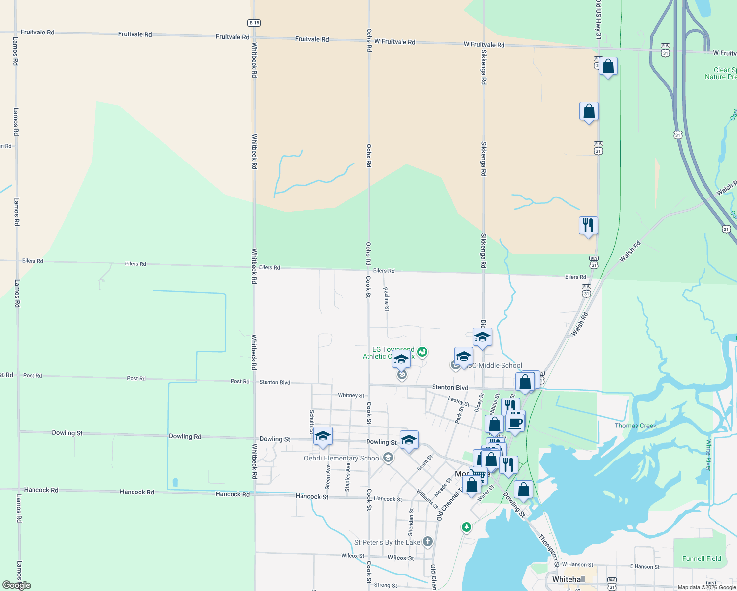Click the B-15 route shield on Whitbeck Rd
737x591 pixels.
click(254, 23)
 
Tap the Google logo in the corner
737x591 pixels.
click(16, 585)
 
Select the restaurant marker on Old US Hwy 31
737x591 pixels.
click(588, 226)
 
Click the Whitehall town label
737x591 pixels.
click(569, 579)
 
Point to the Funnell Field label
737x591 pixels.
click(702, 558)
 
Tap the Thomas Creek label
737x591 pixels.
click(636, 426)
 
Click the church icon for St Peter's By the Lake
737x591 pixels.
click(427, 542)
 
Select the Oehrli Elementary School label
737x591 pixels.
click(342, 458)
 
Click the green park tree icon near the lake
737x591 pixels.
click(466, 527)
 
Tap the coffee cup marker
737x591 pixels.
click(515, 423)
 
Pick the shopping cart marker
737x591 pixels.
click(478, 474)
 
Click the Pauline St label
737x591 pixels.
click(387, 299)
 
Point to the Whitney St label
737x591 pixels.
click(351, 395)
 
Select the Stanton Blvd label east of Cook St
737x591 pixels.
click(450, 387)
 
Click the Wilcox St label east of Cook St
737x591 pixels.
click(401, 558)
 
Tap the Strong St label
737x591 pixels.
click(385, 585)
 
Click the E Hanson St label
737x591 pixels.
click(644, 567)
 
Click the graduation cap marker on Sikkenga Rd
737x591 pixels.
click(482, 337)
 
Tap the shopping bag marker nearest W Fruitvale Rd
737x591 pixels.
click(608, 66)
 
